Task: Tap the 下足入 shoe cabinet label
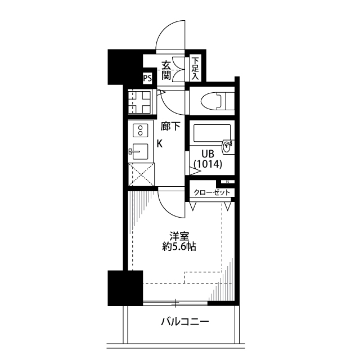coord(195,68)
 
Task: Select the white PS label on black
coord(147,79)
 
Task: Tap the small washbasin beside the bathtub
coord(227,147)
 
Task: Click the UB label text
coord(200,153)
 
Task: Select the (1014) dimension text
coord(208,164)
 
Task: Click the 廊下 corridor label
coord(170,127)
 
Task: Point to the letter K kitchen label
coord(160,143)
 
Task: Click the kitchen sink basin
coord(140,151)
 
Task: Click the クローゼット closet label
coord(212,192)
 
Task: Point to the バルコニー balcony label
coord(185,322)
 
